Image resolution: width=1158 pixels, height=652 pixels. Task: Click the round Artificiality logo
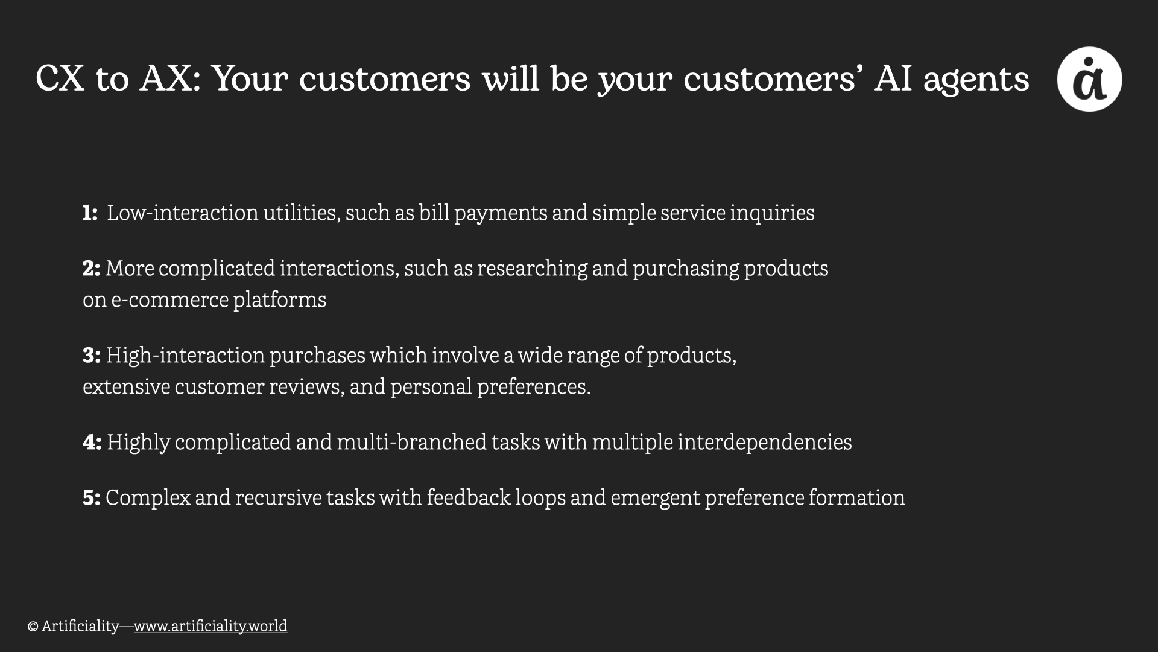point(1089,79)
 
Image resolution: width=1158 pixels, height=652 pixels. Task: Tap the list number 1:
point(90,213)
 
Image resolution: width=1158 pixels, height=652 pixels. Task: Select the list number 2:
point(91,268)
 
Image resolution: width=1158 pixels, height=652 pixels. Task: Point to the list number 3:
point(91,355)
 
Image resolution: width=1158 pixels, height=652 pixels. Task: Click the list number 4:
point(92,442)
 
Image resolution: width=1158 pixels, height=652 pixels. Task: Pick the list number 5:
point(91,497)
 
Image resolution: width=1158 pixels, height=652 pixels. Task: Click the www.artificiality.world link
point(210,626)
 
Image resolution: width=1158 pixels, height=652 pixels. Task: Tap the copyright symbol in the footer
point(33,627)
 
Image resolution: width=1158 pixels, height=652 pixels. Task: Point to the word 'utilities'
point(300,213)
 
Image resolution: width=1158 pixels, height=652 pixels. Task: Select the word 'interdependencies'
point(764,443)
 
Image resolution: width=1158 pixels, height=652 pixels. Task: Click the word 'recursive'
point(279,498)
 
